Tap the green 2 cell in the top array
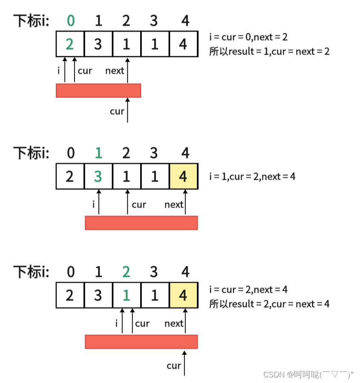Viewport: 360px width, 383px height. tap(70, 44)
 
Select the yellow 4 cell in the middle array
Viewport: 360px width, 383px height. tap(183, 176)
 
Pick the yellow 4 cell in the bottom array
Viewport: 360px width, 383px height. tap(183, 295)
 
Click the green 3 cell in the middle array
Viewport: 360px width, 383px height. tap(98, 176)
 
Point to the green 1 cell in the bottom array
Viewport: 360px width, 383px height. tap(126, 295)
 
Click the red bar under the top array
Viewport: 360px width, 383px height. tap(98, 90)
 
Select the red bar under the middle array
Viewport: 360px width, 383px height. tap(141, 223)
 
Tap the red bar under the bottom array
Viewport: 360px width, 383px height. tap(141, 342)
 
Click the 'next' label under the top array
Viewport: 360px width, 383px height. tap(115, 71)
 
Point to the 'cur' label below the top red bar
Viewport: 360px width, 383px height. tap(117, 112)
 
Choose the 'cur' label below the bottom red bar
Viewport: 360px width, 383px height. tap(174, 366)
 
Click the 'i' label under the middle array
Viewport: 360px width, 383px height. tap(93, 204)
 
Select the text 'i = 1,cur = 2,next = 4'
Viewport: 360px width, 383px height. tap(252, 176)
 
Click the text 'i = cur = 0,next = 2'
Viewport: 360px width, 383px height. tap(248, 37)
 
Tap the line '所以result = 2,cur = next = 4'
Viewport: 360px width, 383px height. tap(269, 304)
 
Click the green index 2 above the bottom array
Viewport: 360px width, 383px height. tap(126, 272)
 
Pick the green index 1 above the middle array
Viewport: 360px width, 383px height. tap(98, 153)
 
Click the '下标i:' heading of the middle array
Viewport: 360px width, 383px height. tap(31, 153)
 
